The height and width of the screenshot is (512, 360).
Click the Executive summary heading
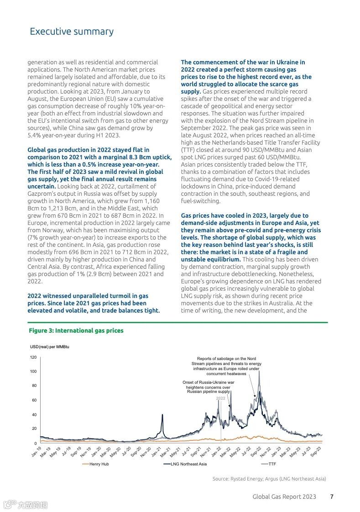tap(72, 31)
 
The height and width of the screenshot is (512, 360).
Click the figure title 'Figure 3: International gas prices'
tap(76, 330)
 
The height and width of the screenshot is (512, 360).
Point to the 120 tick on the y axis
tap(33, 357)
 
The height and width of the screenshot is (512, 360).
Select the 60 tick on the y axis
tap(33, 400)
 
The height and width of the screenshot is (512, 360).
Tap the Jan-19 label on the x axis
tap(37, 452)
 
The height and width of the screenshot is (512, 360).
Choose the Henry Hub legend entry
tap(99, 464)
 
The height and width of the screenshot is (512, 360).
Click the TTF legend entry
tap(272, 464)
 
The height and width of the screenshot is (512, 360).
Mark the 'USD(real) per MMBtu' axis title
tap(50, 347)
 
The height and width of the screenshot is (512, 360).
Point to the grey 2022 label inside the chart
tap(221, 398)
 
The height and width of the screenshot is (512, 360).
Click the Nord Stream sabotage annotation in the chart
tap(226, 366)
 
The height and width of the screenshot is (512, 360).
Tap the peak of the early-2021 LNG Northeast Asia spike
tap(163, 414)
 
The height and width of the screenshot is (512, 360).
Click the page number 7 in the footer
tap(332, 497)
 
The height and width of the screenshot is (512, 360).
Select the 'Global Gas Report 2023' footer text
tap(284, 497)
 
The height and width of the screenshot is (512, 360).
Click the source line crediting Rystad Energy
tap(269, 479)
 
